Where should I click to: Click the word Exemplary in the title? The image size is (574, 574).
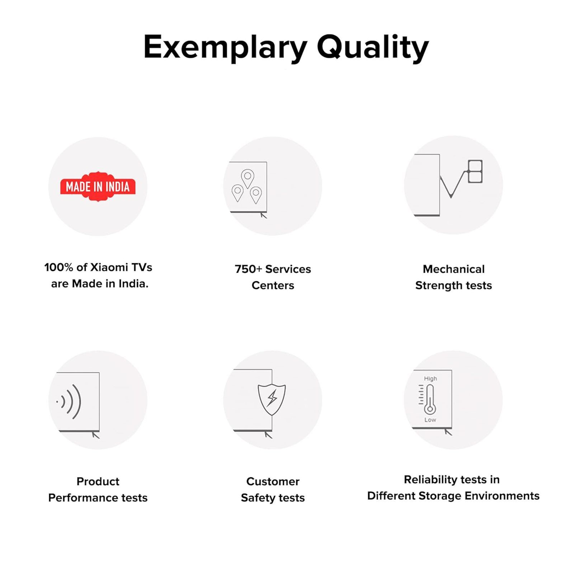point(225,47)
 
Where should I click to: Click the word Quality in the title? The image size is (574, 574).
point(373,47)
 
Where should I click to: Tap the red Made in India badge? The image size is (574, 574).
point(98,187)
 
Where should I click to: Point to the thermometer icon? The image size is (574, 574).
point(429,399)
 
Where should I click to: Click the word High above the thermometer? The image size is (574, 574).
point(430,378)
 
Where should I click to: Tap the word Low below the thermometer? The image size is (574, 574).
point(430,420)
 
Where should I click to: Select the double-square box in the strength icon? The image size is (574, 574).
point(475,171)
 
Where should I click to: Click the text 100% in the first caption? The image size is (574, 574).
point(58,267)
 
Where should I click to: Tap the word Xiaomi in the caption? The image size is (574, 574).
point(109,267)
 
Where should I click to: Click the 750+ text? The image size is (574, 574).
point(248,269)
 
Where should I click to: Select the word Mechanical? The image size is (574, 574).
point(453,269)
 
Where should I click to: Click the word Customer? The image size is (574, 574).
point(273,481)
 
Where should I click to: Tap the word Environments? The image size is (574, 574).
point(502,496)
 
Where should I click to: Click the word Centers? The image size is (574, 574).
point(273,286)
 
